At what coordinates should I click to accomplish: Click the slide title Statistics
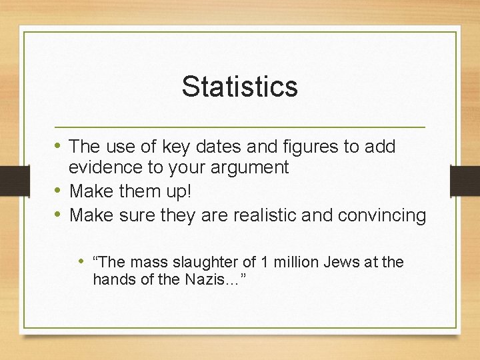[x=239, y=86]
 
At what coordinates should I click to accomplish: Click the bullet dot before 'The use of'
[x=59, y=145]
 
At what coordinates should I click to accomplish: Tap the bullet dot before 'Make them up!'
[x=59, y=191]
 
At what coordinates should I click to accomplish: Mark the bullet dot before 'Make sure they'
[x=59, y=215]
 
